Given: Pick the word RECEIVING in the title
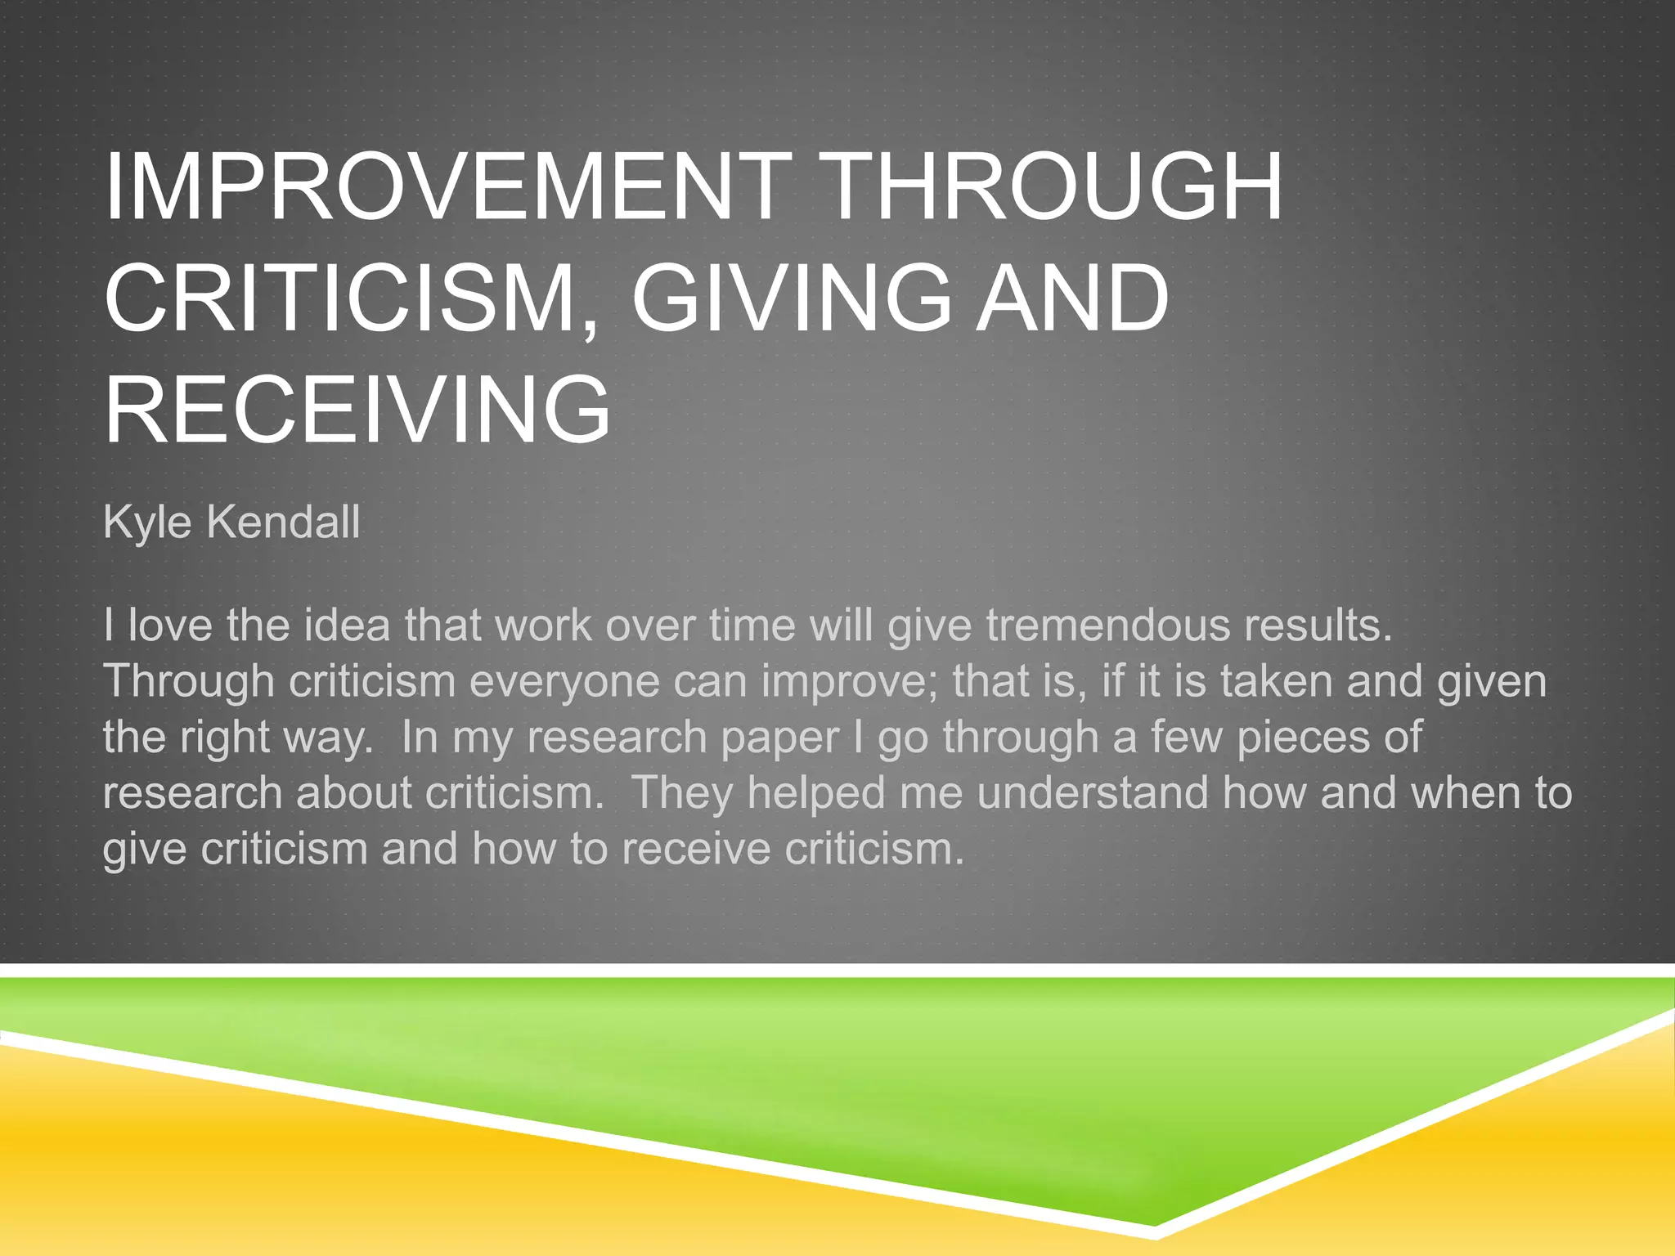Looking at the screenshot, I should pyautogui.click(x=357, y=409).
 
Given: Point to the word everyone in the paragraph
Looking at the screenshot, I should pyautogui.click(x=564, y=681).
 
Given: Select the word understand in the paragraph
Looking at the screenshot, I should pyautogui.click(x=1093, y=793).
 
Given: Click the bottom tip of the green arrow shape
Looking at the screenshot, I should pyautogui.click(x=1154, y=1225).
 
